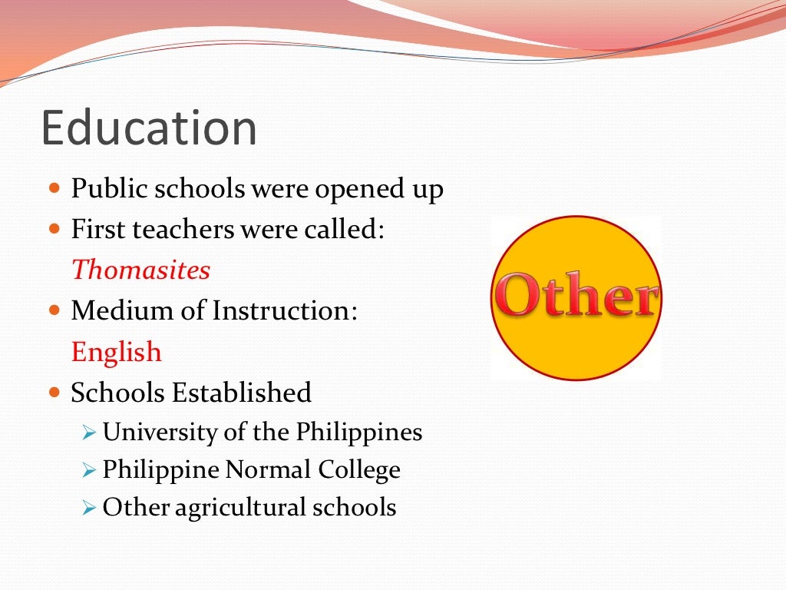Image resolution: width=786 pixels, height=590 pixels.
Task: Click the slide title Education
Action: point(149,128)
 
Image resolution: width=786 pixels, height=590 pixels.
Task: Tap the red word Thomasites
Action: point(140,270)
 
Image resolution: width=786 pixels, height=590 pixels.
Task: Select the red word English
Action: point(117,352)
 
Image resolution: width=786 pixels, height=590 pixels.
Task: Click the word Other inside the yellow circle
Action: point(576,298)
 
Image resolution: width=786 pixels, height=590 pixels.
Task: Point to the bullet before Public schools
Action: point(54,187)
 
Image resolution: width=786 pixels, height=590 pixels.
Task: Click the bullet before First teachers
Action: point(54,228)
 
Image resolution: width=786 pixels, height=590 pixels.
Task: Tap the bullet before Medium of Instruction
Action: point(54,310)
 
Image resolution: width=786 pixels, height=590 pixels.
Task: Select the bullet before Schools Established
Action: point(54,392)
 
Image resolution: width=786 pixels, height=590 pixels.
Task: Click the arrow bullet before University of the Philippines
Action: point(89,433)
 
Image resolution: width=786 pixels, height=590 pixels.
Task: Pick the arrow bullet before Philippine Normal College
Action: point(89,469)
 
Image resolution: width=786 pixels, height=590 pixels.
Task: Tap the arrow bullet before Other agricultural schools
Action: point(89,507)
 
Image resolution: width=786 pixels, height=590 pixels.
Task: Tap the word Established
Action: point(242,392)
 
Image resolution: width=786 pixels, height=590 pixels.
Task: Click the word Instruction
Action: point(285,310)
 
